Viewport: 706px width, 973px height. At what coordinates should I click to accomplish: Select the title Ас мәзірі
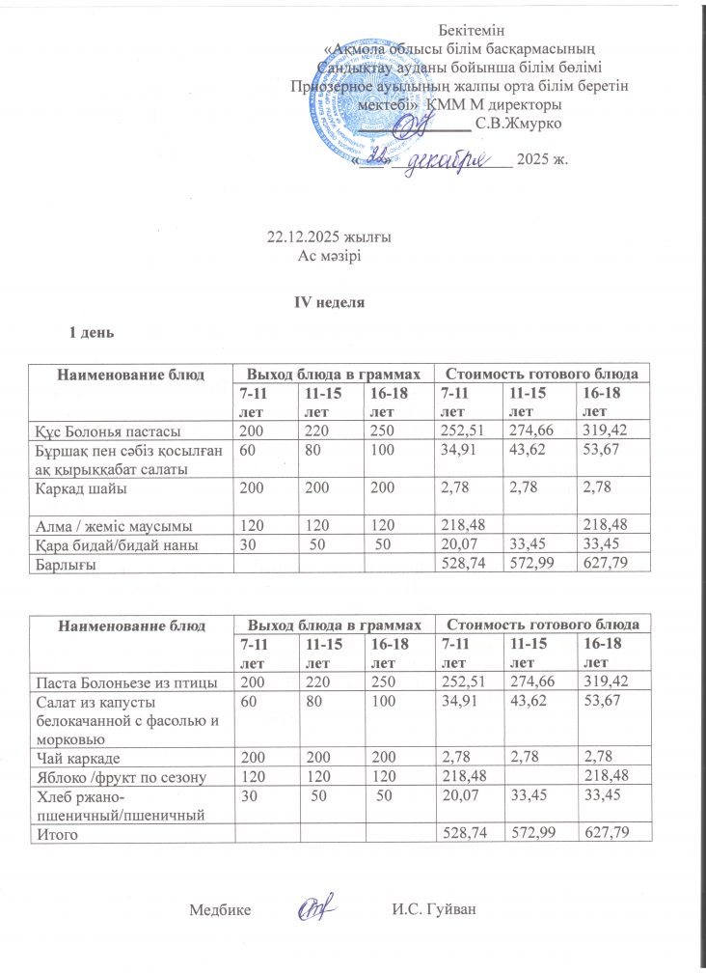click(329, 255)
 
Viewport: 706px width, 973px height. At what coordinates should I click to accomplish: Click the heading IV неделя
click(329, 302)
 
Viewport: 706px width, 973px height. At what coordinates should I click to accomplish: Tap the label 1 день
click(90, 333)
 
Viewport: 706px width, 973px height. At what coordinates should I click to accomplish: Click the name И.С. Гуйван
click(435, 909)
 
